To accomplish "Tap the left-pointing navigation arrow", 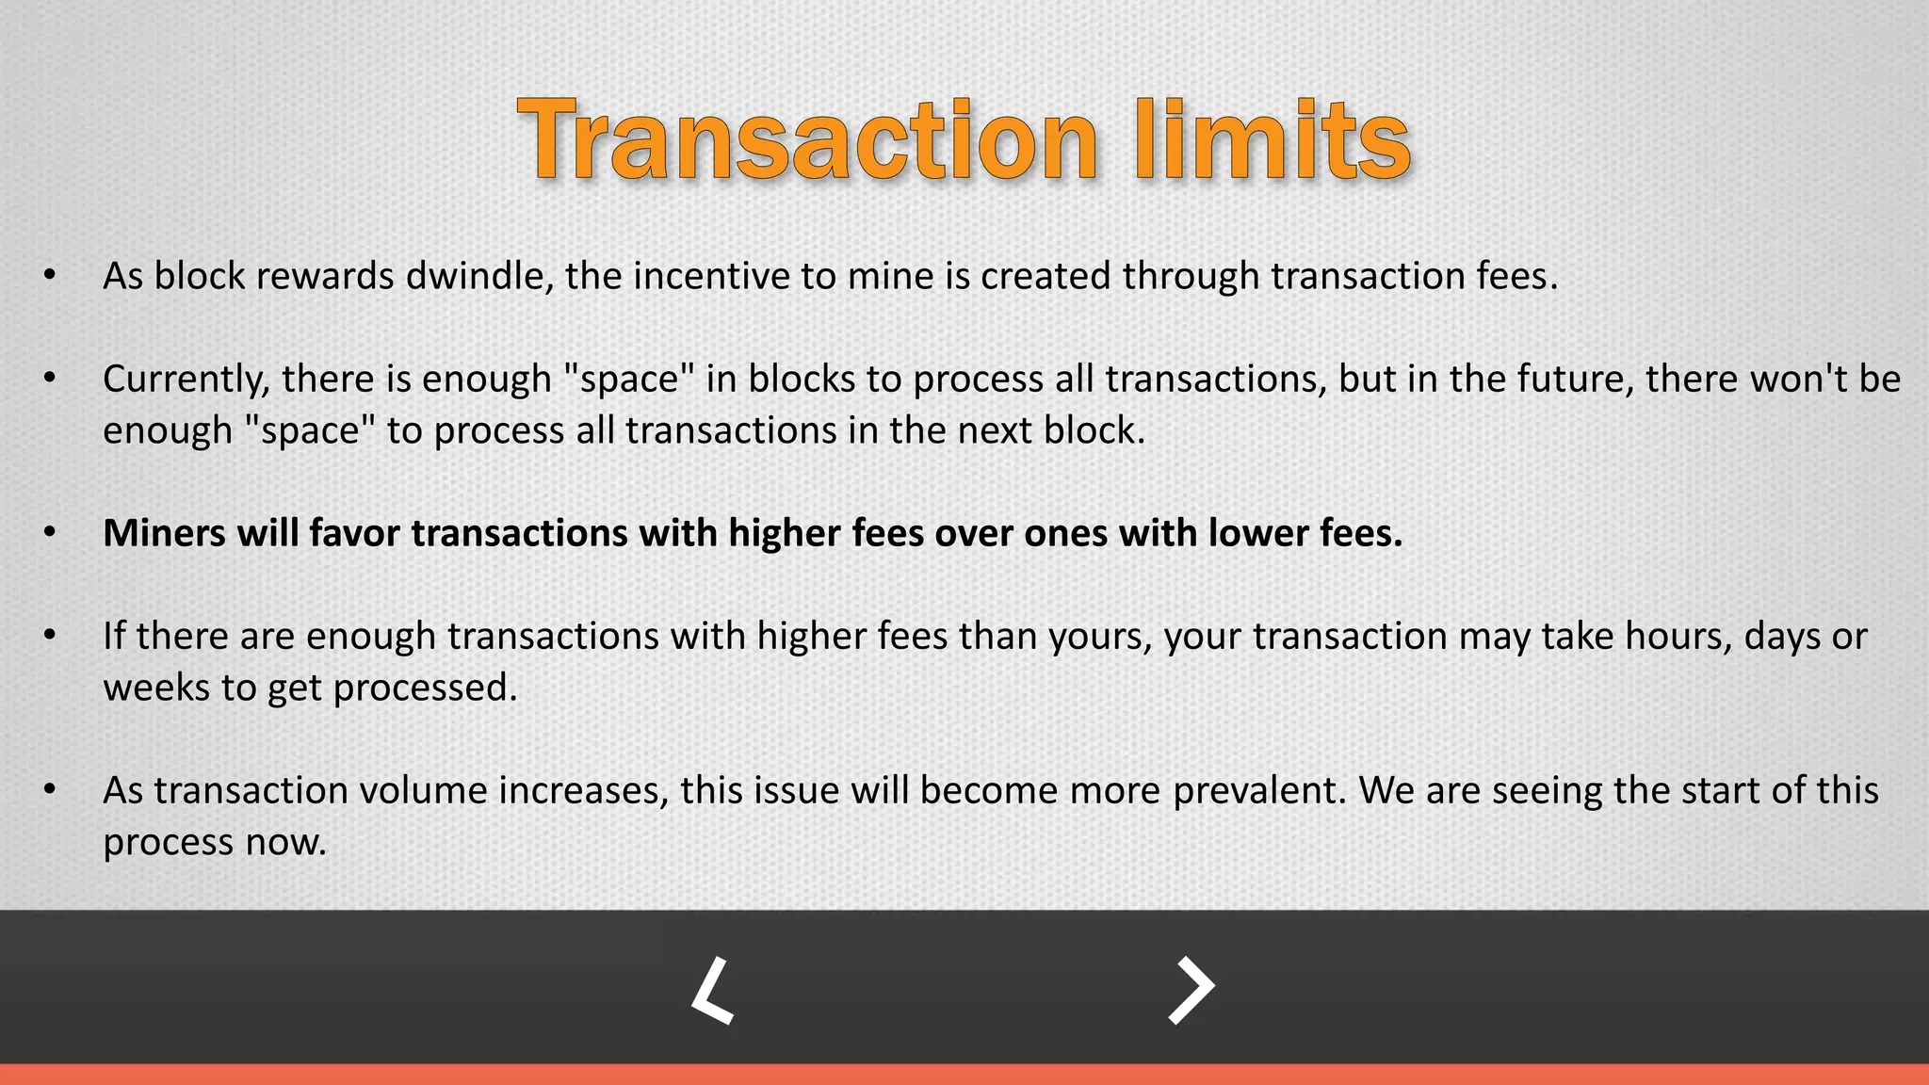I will point(713,990).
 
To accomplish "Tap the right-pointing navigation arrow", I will point(1191,990).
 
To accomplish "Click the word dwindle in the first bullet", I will point(478,276).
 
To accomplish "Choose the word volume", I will point(422,790).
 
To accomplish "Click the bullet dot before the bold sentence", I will point(50,533).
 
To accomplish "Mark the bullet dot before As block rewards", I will point(50,276).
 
